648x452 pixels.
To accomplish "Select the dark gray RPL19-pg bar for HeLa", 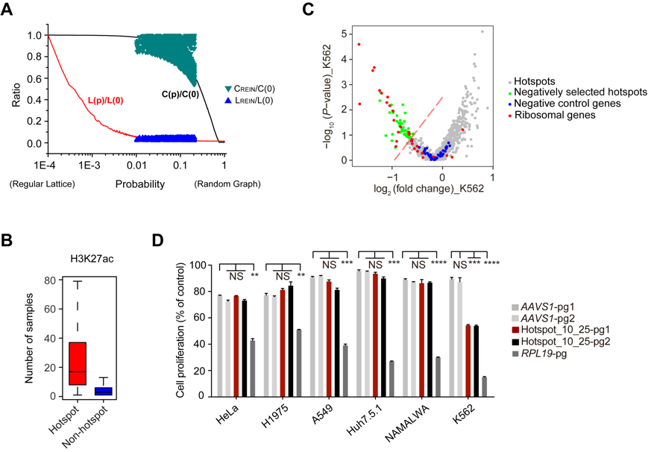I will (x=253, y=368).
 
